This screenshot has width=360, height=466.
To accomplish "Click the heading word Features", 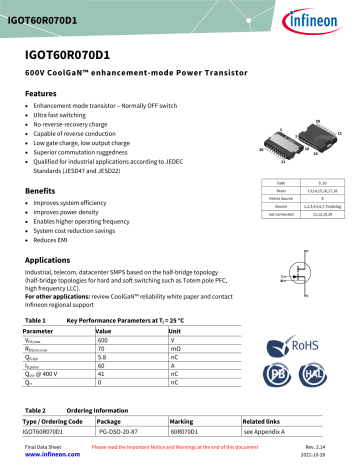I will pos(42,91).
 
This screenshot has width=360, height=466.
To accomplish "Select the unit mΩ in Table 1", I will pos(175,348).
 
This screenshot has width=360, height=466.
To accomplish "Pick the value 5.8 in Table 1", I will pos(101,357).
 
